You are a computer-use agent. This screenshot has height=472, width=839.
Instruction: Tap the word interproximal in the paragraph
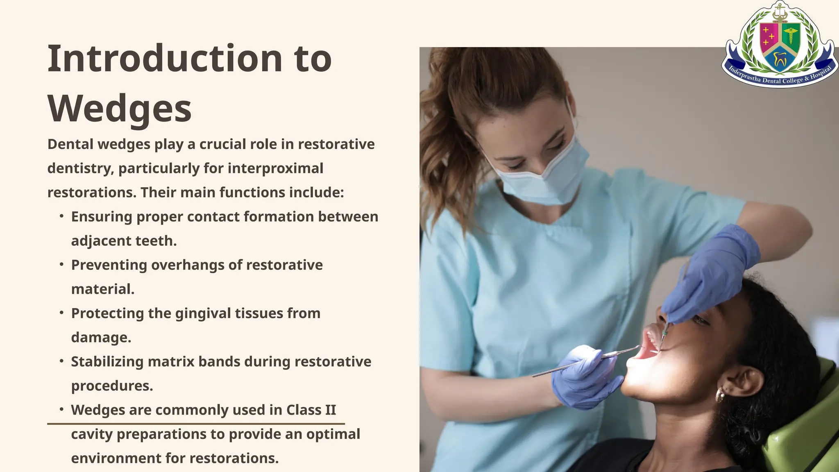(x=275, y=168)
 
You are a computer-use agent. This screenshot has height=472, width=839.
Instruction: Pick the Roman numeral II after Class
(x=329, y=410)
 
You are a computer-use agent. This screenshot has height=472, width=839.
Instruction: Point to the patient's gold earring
(x=720, y=396)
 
